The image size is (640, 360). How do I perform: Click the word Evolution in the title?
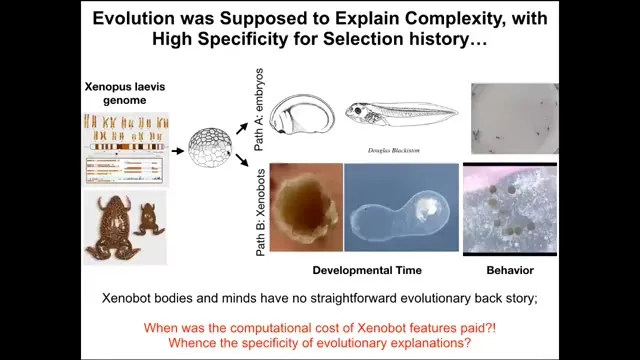pos(135,18)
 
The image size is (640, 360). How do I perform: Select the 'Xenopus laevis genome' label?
pos(125,93)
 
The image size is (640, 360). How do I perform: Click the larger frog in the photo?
pos(112,227)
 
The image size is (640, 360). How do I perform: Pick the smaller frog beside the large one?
pos(148,219)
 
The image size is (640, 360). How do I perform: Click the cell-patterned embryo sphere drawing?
pos(210,148)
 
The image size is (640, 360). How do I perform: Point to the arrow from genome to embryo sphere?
pos(178,151)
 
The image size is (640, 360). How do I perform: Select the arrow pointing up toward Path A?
pos(242,128)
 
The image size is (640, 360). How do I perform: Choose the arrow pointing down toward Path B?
pos(242,160)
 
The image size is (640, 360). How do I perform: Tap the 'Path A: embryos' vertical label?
pos(259,110)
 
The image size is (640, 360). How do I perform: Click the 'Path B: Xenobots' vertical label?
pos(260,213)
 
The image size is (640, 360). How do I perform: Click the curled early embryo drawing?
pos(302,114)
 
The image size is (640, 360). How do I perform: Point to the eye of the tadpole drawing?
pos(358,111)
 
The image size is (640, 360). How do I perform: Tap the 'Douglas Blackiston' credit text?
pos(393,150)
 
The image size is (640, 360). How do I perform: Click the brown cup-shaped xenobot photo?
pos(306,207)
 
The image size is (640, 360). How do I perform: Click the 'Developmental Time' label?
pos(367,270)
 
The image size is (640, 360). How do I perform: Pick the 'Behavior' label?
pos(510,270)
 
